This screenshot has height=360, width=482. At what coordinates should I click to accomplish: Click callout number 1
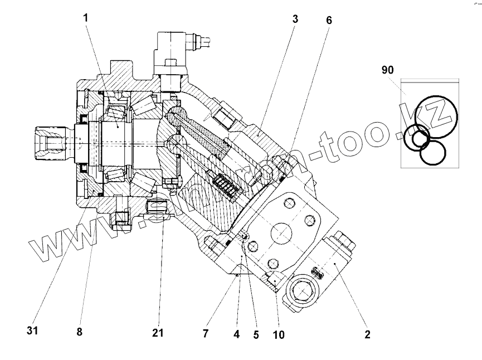point(86,17)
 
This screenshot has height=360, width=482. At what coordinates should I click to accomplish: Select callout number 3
point(295,19)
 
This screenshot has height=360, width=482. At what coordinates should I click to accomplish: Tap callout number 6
point(329,20)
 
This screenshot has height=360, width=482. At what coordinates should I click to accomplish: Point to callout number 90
point(387,70)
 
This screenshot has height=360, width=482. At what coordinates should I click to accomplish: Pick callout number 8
point(79,333)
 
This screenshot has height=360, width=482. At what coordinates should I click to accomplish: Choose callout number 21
point(158,333)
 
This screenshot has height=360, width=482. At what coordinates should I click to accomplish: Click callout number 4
point(237,335)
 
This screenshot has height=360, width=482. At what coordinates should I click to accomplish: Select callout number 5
point(256,335)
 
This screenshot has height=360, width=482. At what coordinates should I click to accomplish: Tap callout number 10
point(279,335)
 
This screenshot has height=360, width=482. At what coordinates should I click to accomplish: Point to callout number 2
point(367,335)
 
